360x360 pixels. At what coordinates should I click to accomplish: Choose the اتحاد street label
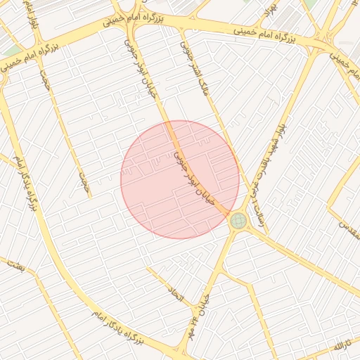[x=172, y=294]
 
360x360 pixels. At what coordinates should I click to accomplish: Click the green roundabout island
[x=238, y=221]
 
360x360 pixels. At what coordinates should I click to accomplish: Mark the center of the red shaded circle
[x=180, y=179]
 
